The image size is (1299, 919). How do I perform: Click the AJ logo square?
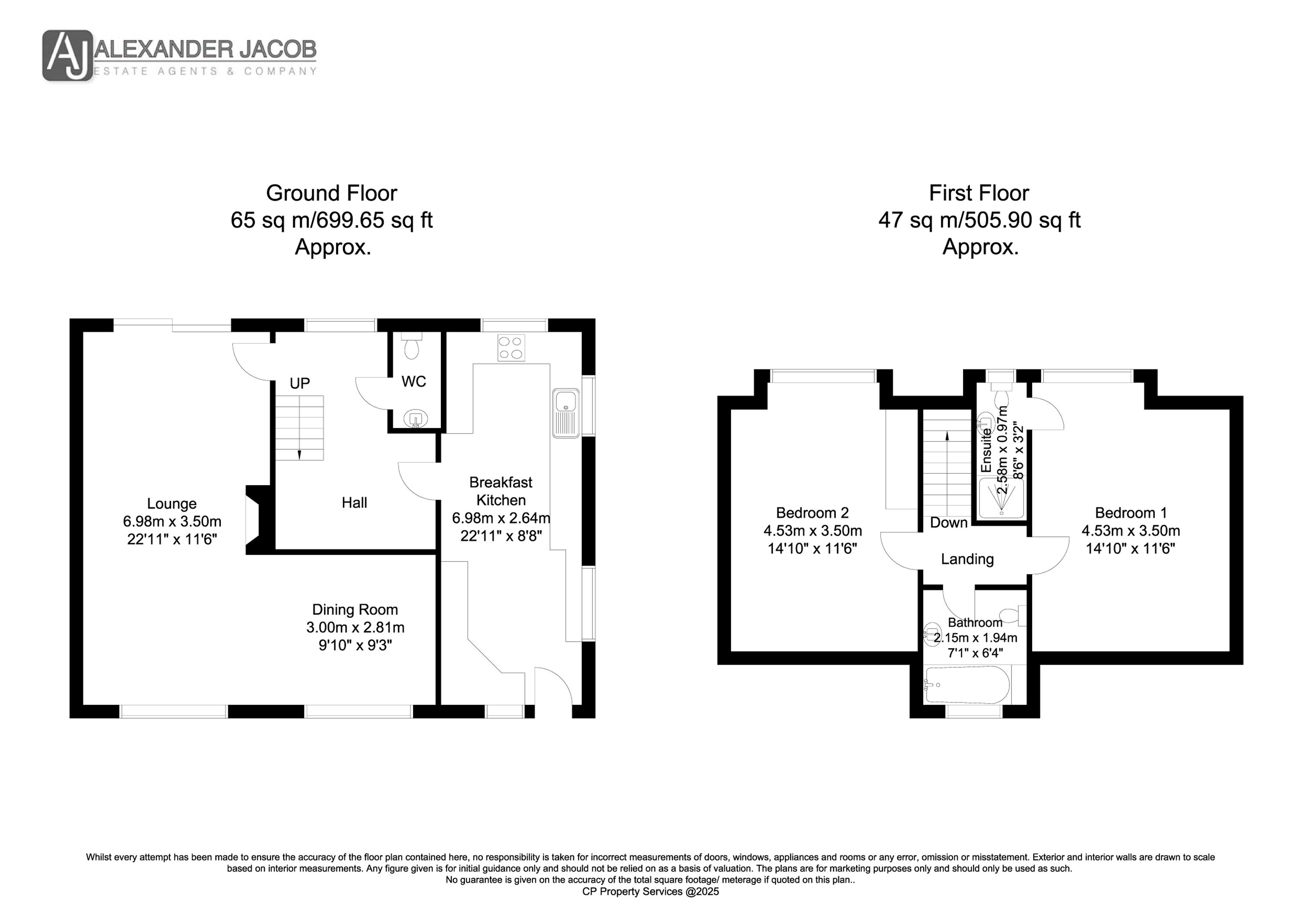click(x=67, y=55)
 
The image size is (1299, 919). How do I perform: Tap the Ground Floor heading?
click(x=332, y=193)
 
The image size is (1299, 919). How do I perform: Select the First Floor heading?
click(x=979, y=193)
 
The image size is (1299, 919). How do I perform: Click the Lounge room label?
click(x=172, y=503)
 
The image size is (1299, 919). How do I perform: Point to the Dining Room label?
click(x=355, y=609)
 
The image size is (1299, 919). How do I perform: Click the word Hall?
click(x=354, y=502)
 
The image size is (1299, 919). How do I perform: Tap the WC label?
click(x=414, y=382)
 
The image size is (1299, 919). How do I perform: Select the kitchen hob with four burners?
click(x=511, y=347)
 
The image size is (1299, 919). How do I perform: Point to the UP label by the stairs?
click(x=300, y=383)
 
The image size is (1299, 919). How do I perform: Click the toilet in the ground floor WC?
click(x=411, y=345)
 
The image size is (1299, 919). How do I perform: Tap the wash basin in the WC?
click(x=416, y=419)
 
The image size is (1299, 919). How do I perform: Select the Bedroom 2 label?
click(x=812, y=513)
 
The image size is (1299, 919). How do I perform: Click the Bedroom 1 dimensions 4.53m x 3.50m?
click(x=1131, y=531)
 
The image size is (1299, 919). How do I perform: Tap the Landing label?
click(x=967, y=559)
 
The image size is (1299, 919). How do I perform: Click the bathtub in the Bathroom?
click(x=966, y=685)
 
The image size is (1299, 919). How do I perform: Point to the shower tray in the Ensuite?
click(x=1002, y=499)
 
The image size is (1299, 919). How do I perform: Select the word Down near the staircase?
click(x=949, y=522)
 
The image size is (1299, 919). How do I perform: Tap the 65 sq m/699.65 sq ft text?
click(x=332, y=220)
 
